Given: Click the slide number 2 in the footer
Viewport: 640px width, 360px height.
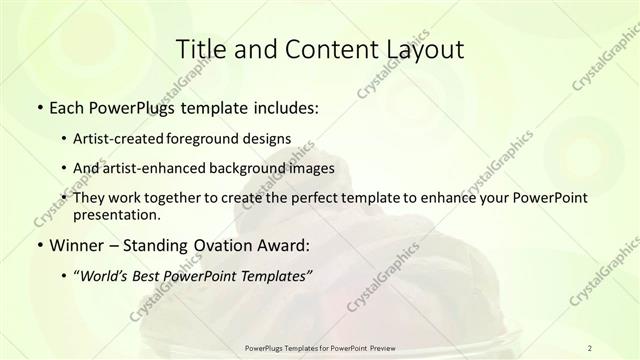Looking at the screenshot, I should [x=591, y=347].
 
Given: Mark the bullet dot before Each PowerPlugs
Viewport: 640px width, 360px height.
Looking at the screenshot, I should [x=38, y=107].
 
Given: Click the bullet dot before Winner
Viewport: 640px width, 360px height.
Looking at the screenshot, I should [x=38, y=245].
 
